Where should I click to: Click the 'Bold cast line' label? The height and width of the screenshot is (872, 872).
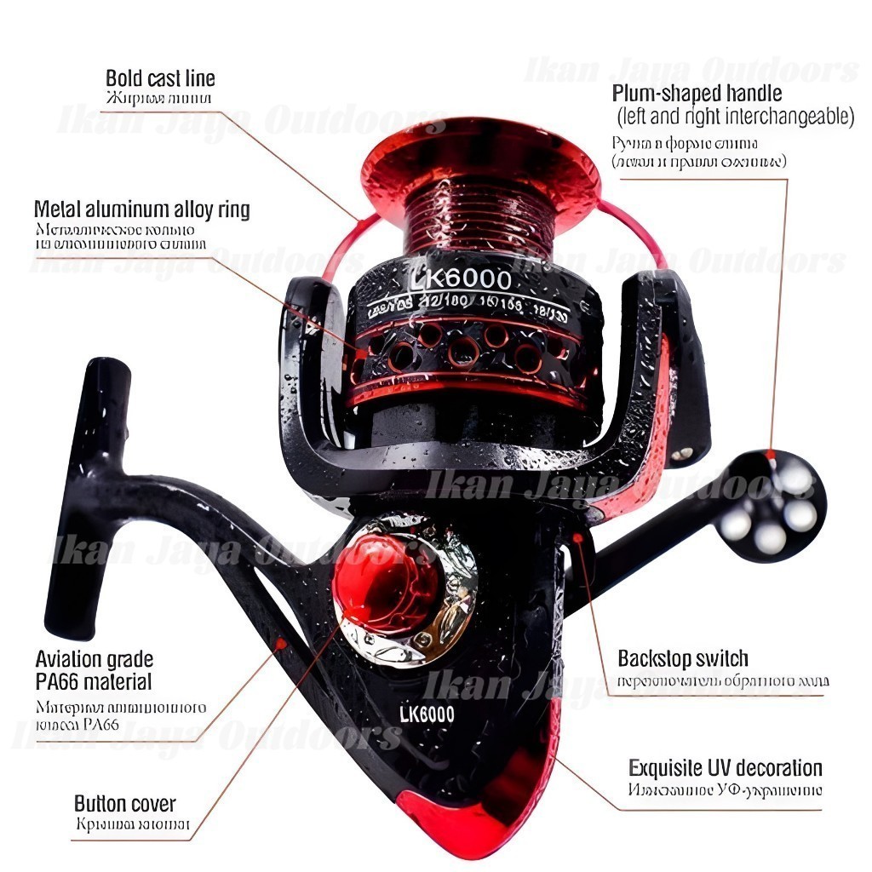(160, 79)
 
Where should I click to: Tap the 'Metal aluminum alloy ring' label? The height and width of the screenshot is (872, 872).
(142, 209)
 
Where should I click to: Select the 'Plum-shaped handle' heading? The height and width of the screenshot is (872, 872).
(697, 93)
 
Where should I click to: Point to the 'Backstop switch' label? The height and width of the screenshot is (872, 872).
(683, 658)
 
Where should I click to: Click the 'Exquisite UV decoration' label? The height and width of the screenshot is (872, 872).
(726, 768)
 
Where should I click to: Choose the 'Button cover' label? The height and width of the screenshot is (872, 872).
(125, 803)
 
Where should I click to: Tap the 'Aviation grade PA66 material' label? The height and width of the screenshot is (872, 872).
(95, 670)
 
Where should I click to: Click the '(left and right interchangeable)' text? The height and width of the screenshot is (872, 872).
(734, 117)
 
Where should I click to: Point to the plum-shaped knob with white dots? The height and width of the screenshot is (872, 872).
(774, 509)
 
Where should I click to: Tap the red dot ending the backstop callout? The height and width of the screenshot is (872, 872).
(579, 537)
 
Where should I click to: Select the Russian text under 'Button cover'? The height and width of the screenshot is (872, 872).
(132, 825)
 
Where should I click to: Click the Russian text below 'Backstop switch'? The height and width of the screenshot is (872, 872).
(723, 681)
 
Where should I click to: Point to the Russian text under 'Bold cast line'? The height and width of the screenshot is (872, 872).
(158, 99)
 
